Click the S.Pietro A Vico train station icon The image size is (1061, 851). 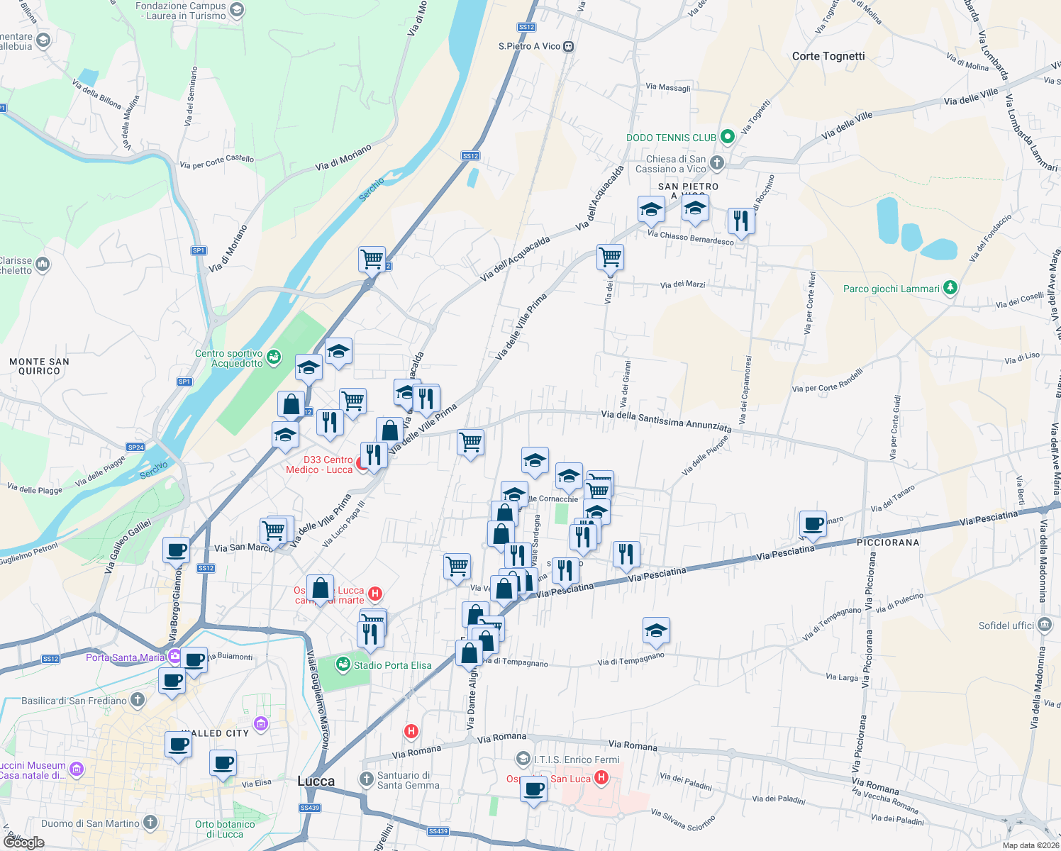coord(568,47)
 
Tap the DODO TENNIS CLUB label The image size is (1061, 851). coord(671,138)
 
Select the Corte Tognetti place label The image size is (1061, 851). coord(828,56)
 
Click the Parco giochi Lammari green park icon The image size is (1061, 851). coord(950,288)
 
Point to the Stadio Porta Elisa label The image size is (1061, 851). coord(392,665)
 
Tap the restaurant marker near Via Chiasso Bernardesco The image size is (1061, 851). coord(741,221)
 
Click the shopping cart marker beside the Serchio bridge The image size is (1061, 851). coord(372,260)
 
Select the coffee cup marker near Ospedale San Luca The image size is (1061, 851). coord(533,789)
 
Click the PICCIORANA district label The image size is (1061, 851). coord(887,543)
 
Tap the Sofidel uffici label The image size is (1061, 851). coord(1006,625)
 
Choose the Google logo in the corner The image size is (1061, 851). coord(24,842)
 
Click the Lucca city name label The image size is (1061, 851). coord(316,781)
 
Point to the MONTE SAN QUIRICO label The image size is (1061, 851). coord(39,366)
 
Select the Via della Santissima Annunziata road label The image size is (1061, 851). coord(666,421)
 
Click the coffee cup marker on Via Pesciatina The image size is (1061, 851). coord(813,524)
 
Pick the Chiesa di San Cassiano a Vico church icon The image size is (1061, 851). coord(717,163)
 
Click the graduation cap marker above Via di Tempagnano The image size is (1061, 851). coord(656,630)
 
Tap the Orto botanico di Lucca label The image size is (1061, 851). coord(225,829)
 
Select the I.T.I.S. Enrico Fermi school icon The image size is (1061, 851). coord(523,760)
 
